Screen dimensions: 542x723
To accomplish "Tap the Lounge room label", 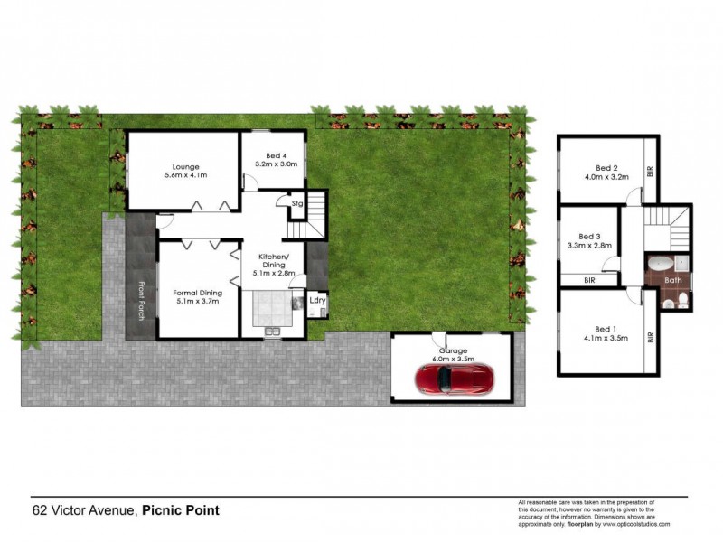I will [187, 166].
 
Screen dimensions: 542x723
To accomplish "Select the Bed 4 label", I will [275, 154].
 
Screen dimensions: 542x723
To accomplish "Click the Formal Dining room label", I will [198, 292].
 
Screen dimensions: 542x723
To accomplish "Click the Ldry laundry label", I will [317, 300].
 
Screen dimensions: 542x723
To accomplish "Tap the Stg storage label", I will [296, 204].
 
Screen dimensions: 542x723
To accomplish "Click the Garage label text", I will [453, 350].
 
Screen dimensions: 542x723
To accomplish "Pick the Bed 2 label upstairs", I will [606, 167].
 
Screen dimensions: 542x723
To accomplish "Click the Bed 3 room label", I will [589, 235].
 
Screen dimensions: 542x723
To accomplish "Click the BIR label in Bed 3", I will [589, 281].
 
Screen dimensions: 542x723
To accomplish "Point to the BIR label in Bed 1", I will [650, 339].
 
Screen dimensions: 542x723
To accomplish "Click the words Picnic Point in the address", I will [181, 510].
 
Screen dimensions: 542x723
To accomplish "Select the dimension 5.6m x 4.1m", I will [187, 177].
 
